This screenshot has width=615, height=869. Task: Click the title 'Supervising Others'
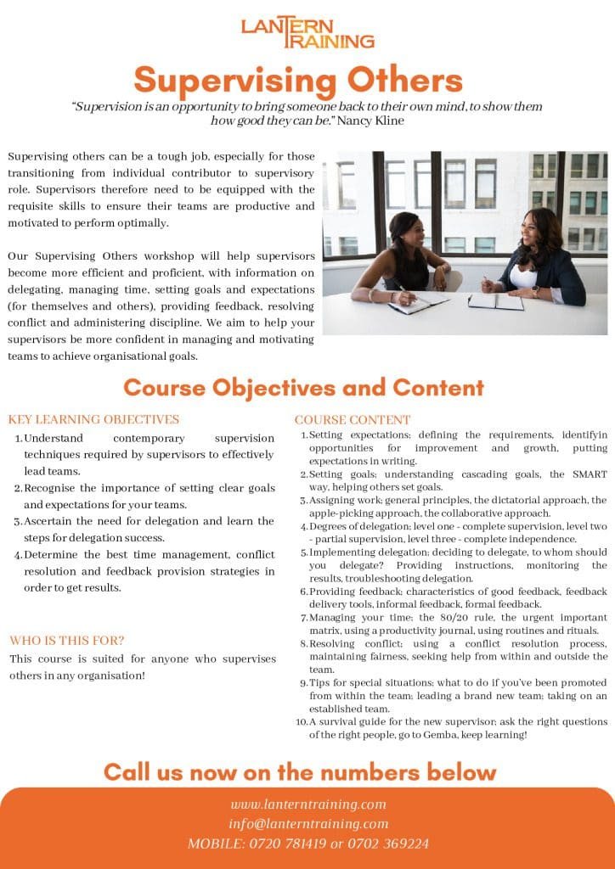298,81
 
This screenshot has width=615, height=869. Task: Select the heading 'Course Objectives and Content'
303,388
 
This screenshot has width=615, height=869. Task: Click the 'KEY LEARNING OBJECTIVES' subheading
93,419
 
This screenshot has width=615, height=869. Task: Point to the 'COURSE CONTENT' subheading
353,420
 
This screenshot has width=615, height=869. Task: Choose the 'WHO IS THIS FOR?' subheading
67,640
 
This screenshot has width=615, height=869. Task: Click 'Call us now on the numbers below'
300,771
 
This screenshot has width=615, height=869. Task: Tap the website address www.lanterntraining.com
308,804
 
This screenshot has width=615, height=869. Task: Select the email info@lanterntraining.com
308,823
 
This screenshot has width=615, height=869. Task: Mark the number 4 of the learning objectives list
18,556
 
